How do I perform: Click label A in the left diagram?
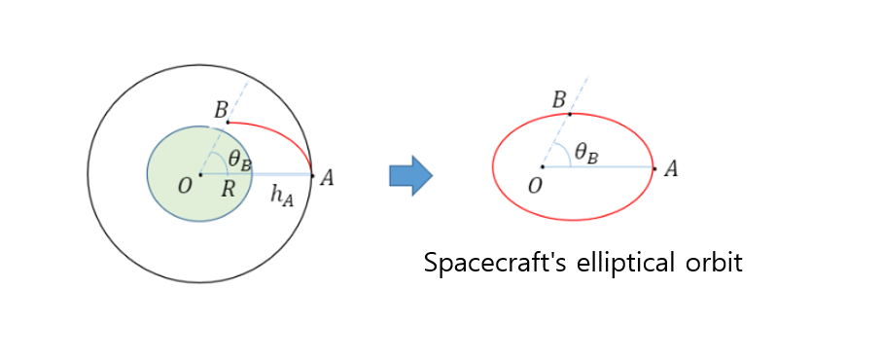coord(328,177)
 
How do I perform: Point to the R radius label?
coord(228,189)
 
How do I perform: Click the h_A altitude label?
coord(281,196)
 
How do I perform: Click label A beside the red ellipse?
coord(670,168)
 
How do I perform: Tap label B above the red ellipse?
coord(559,99)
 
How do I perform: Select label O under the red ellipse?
coord(533,185)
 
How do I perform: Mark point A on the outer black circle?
coord(312,175)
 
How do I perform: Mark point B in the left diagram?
coord(228,122)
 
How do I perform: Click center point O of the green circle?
coord(200,175)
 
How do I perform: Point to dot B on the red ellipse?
coord(570,114)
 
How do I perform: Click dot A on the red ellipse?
coord(654,168)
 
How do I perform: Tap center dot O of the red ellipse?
coord(542,167)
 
